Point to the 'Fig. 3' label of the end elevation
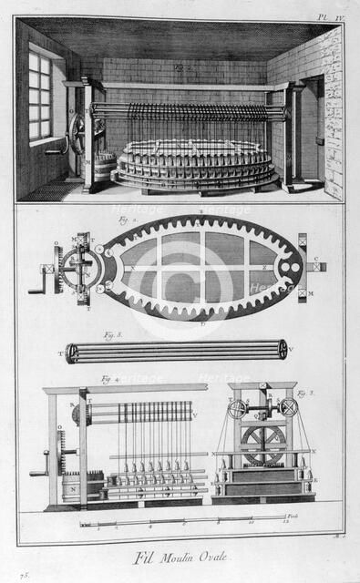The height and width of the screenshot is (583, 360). point(303,394)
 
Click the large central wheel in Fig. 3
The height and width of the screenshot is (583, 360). point(263,444)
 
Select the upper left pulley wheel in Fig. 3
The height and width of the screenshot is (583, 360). point(237,410)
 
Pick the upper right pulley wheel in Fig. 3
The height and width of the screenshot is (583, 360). point(290,409)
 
